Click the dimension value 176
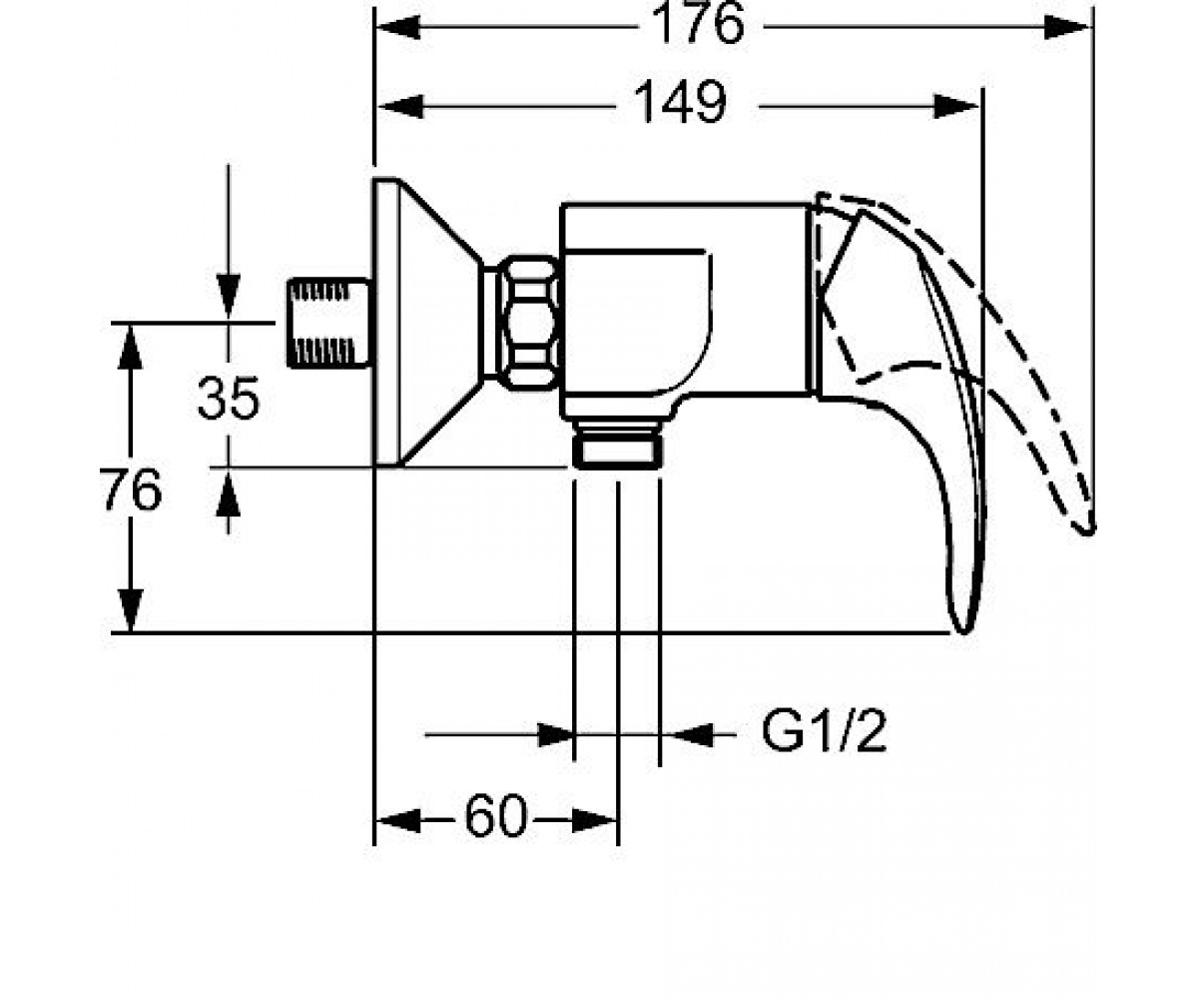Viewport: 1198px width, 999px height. (698, 24)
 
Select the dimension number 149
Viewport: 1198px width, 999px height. (681, 102)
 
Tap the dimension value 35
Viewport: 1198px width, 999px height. (228, 398)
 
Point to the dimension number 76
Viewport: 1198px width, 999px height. (131, 490)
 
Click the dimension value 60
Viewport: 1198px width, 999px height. (496, 816)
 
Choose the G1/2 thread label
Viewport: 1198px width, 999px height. (824, 732)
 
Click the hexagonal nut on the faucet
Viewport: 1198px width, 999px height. (528, 324)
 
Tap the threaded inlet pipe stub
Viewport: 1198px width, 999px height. (329, 324)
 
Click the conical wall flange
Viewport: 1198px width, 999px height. (427, 323)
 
